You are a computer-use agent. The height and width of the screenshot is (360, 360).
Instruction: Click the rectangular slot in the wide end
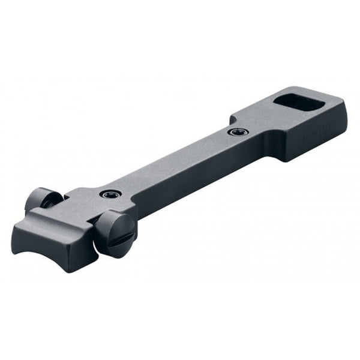point(299,103)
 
